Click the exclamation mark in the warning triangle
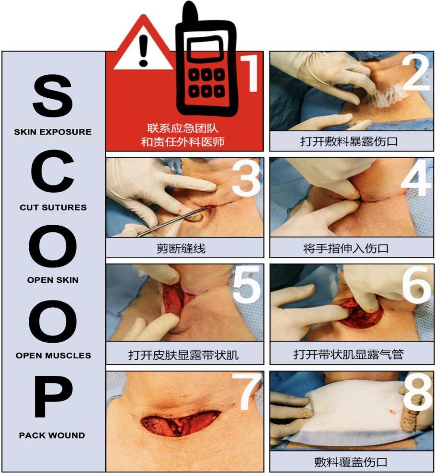(x=144, y=50)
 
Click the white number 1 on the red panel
(x=250, y=73)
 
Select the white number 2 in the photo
(x=416, y=73)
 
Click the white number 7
(x=247, y=392)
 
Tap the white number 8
(x=417, y=392)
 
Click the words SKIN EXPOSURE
(x=53, y=132)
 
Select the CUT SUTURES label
(x=53, y=207)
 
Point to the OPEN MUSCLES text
(x=53, y=356)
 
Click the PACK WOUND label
(x=52, y=435)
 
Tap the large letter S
(x=53, y=96)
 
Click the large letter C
(x=53, y=172)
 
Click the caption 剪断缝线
(x=181, y=248)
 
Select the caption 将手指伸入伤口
(x=346, y=248)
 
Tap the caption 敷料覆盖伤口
(x=351, y=462)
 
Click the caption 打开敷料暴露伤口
(x=349, y=141)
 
